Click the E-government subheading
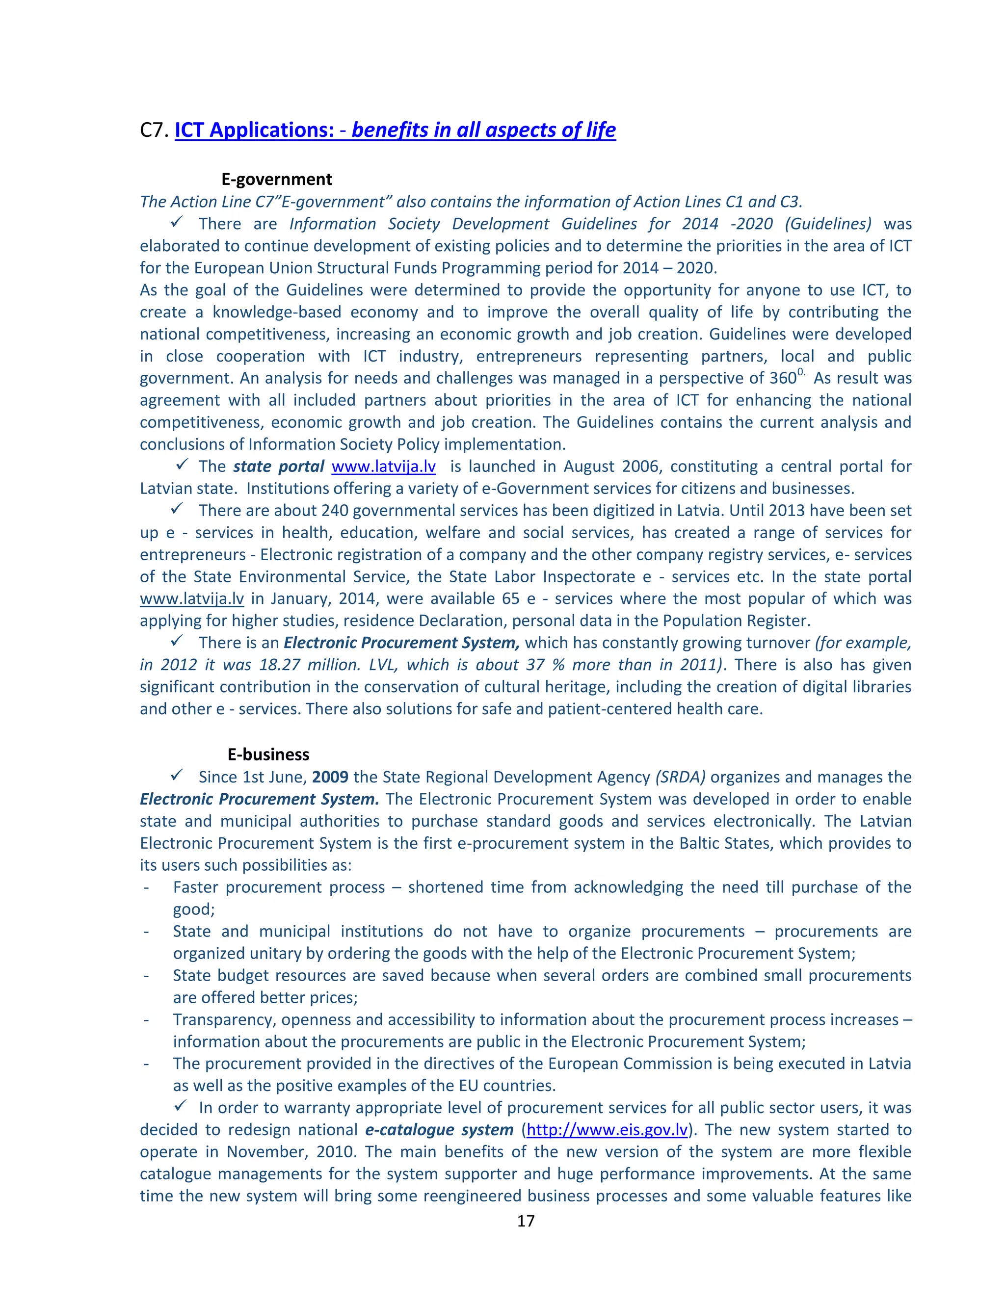pyautogui.click(x=276, y=179)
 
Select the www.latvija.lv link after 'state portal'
pyautogui.click(x=383, y=466)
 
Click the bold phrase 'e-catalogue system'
pyautogui.click(x=439, y=1130)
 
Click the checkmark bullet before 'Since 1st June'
pyautogui.click(x=177, y=775)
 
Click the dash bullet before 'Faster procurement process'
pyautogui.click(x=146, y=887)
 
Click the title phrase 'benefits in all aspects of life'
pyautogui.click(x=483, y=130)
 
